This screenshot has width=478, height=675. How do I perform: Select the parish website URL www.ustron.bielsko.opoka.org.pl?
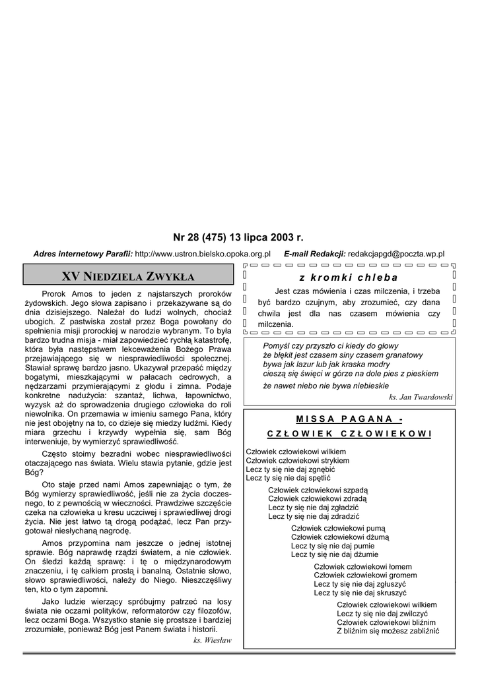(203, 254)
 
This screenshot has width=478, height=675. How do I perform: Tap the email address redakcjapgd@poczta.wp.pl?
(396, 254)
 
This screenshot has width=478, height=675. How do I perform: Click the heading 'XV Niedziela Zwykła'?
(128, 275)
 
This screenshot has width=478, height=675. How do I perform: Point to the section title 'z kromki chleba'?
(349, 278)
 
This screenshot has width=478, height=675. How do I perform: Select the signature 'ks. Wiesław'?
(213, 640)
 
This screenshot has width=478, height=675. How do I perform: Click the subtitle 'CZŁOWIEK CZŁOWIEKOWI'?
(349, 434)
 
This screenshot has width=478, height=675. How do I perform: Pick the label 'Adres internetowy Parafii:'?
(83, 254)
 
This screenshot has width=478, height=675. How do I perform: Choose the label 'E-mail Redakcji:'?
(314, 254)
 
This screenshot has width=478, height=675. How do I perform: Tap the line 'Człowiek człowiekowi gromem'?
(365, 575)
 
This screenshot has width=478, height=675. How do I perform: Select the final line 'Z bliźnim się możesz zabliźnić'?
(388, 631)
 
